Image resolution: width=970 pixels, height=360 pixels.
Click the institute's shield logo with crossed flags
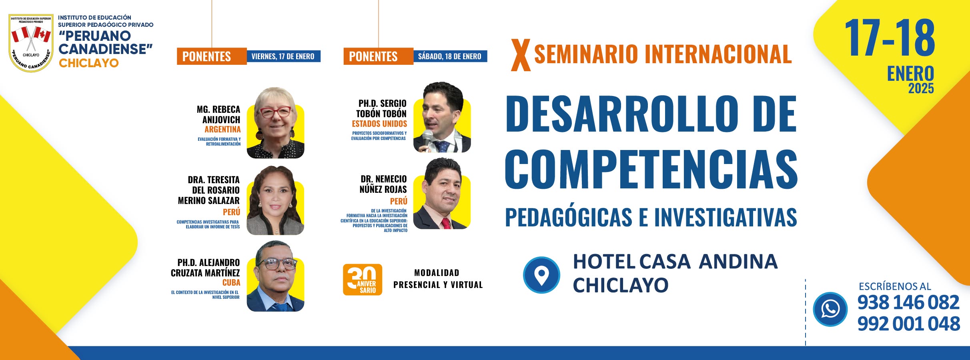tap(31, 43)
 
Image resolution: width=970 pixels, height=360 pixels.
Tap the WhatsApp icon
tap(830, 309)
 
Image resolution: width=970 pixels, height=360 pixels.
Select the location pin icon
tap(541, 275)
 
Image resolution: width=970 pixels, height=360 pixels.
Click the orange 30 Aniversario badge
tap(363, 280)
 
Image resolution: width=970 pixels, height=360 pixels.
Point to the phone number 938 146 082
tap(908, 302)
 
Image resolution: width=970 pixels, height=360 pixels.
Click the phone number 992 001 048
tap(908, 324)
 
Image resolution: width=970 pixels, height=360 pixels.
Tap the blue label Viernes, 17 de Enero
tap(283, 56)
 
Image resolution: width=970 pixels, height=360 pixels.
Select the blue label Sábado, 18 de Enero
tap(450, 56)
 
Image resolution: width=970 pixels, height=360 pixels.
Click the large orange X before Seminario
tap(521, 55)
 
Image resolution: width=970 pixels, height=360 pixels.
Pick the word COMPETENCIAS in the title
tap(651, 169)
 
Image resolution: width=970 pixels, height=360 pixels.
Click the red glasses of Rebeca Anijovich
tap(276, 112)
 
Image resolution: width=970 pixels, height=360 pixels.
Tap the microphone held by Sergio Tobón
tap(427, 138)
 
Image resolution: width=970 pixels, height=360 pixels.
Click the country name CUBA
tap(231, 282)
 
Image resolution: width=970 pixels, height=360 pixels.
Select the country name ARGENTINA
tap(222, 129)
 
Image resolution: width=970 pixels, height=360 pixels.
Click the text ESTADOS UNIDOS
tap(379, 124)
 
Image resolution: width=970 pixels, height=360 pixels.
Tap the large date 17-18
tap(890, 38)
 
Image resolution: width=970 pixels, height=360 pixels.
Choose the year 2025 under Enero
tap(921, 88)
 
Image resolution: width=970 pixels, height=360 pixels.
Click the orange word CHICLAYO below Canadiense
tap(89, 63)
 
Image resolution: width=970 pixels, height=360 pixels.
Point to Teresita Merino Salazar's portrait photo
tap(275, 200)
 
